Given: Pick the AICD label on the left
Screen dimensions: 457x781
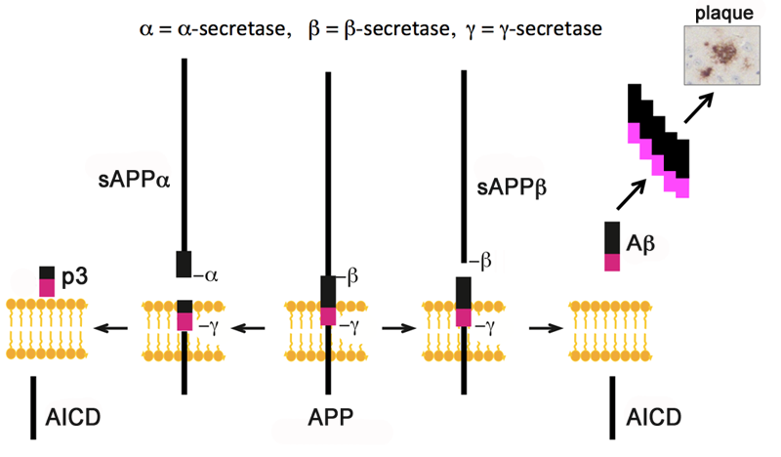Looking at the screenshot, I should (73, 421).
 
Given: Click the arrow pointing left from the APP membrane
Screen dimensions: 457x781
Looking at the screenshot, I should (253, 328).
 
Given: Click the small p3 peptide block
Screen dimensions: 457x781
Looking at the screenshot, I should (47, 279).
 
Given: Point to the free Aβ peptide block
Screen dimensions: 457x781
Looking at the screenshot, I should (612, 246).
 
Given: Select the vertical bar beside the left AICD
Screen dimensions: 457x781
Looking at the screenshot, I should (34, 401).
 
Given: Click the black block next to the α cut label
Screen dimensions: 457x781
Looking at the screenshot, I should (183, 264).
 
